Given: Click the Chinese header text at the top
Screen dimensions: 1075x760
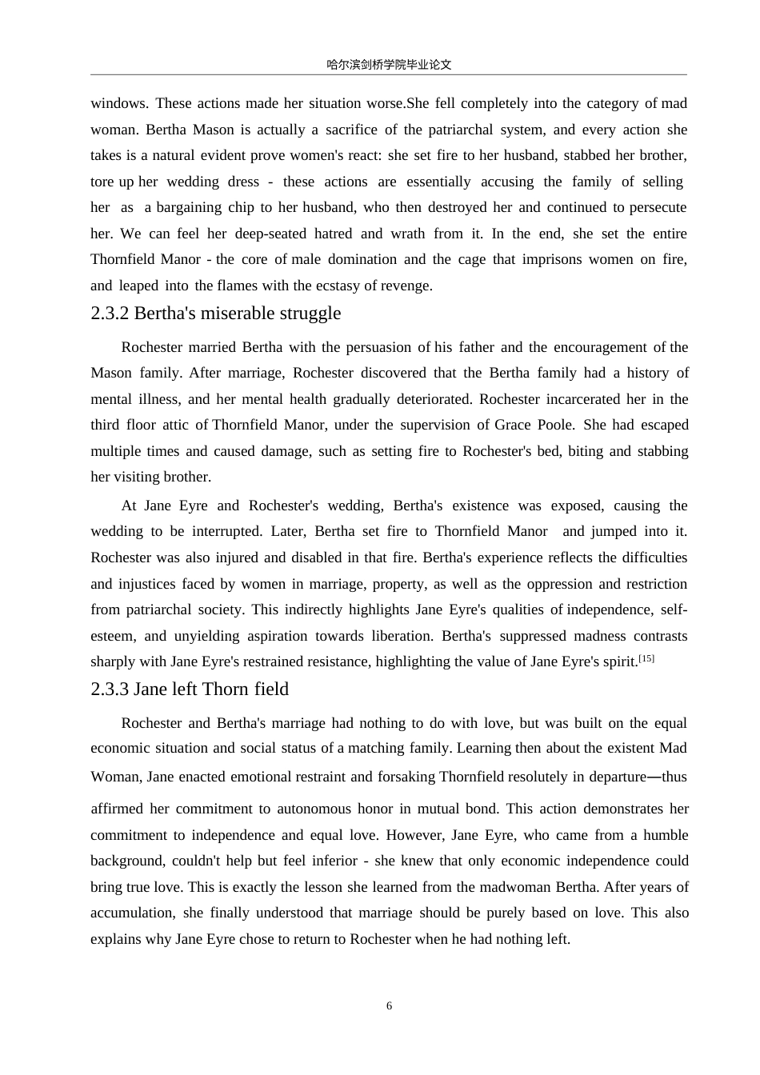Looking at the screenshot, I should point(389,65).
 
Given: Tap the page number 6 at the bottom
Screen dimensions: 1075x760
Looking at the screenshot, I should point(390,1006).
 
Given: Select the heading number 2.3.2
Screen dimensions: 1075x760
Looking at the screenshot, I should point(110,314).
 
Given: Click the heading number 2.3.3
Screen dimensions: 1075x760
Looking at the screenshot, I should point(110,689).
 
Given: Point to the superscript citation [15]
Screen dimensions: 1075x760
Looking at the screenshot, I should point(646,658).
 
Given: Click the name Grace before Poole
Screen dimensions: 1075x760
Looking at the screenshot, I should point(513,425).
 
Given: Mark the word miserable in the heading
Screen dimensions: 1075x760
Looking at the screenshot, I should point(237,314).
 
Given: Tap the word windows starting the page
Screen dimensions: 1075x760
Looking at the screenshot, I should point(118,103).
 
